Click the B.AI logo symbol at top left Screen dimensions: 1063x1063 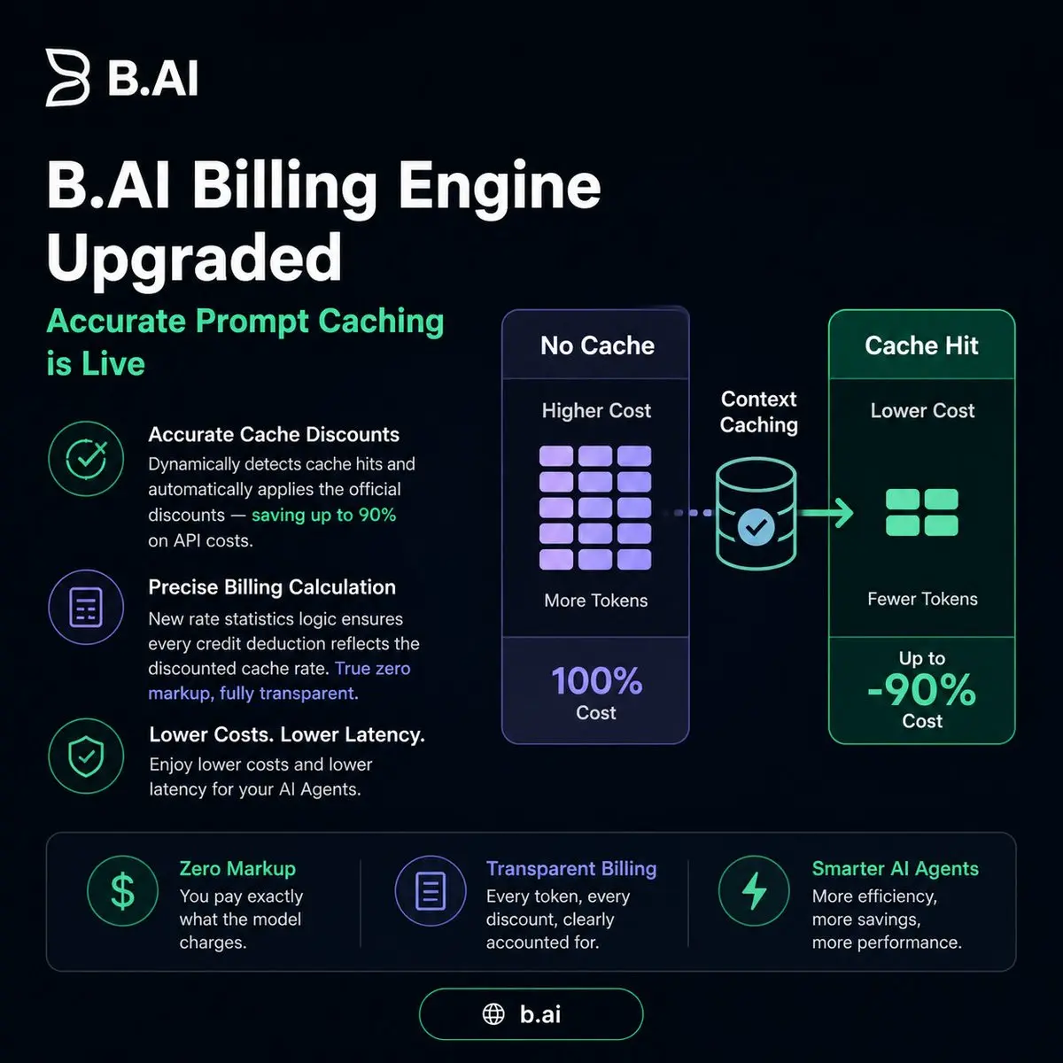[67, 77]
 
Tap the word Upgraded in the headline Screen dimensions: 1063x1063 [194, 258]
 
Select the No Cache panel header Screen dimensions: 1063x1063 [597, 345]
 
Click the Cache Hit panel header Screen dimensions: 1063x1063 [921, 345]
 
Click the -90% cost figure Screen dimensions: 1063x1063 [921, 689]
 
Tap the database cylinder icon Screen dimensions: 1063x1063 [756, 513]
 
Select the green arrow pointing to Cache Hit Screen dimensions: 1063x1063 [826, 513]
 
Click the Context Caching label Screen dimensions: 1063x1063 [758, 412]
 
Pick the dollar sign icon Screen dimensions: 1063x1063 [122, 891]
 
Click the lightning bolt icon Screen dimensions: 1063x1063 [754, 891]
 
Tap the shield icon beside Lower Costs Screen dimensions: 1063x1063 [86, 757]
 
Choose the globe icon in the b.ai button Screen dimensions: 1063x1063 [493, 1014]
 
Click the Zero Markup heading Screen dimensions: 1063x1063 [237, 868]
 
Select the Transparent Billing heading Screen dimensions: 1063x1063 [571, 868]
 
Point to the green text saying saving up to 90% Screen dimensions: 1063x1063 [324, 516]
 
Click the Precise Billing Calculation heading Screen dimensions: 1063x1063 [272, 587]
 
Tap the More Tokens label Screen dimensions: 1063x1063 [596, 601]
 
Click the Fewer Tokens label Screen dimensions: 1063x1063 [922, 599]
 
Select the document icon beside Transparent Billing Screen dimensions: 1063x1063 [431, 891]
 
